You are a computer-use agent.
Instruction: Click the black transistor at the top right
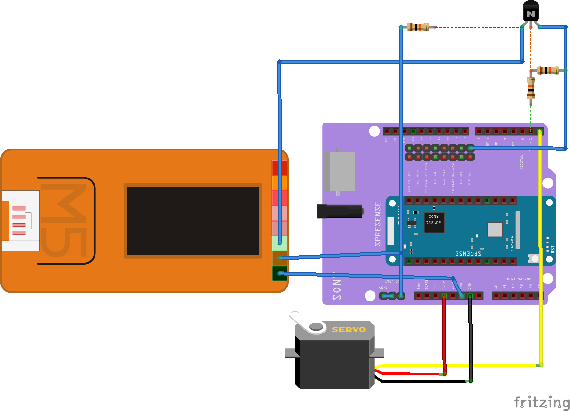click(x=531, y=11)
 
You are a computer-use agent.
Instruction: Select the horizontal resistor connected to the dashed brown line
click(x=418, y=27)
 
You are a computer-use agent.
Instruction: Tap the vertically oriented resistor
click(x=531, y=88)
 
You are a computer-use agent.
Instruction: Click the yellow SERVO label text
click(x=348, y=330)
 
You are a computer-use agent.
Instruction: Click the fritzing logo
click(x=541, y=402)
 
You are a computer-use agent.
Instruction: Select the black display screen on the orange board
click(x=193, y=221)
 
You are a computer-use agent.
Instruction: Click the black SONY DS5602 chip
click(x=434, y=222)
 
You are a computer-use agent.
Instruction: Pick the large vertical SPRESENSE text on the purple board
click(x=378, y=224)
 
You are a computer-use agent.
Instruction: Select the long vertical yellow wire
click(x=540, y=248)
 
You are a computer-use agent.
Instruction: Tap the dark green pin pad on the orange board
click(x=279, y=273)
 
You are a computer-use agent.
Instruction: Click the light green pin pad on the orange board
click(x=279, y=243)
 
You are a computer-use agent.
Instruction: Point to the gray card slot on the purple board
click(x=340, y=171)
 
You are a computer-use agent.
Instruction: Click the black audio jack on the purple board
click(x=340, y=211)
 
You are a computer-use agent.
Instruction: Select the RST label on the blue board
click(x=553, y=249)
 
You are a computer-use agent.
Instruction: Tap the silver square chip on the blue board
click(x=495, y=229)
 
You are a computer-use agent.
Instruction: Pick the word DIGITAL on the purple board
click(x=522, y=162)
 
